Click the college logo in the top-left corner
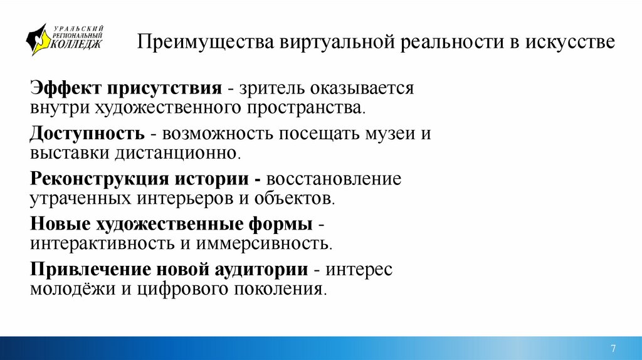[65, 40]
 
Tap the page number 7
[613, 348]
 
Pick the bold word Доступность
[87, 134]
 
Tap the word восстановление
[334, 179]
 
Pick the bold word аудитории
[261, 270]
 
